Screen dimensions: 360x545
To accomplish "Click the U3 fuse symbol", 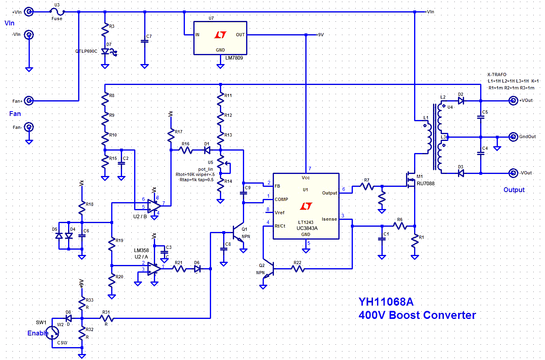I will point(58,12).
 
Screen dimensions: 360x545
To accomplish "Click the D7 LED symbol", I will point(106,52).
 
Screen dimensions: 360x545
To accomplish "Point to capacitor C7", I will point(144,41).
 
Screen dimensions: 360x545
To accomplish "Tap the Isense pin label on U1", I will point(329,219).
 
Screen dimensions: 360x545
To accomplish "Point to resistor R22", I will point(298,267).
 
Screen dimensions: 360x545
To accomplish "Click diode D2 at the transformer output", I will point(461,100).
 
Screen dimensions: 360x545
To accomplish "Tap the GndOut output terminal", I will point(513,137).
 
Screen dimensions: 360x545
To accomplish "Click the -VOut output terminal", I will point(513,173).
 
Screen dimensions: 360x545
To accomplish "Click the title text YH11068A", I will point(386,302).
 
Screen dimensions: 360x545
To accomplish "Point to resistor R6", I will point(400,226).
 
